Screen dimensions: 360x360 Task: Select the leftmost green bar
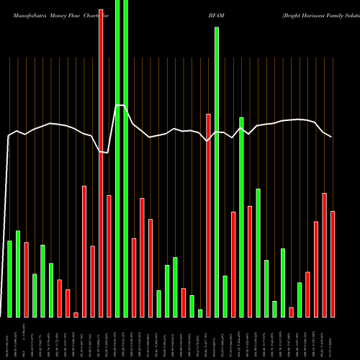(x=10, y=279)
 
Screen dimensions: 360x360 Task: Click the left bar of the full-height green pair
(x=117, y=158)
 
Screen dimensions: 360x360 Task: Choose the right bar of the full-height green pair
(x=126, y=158)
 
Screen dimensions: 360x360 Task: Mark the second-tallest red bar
(x=208, y=215)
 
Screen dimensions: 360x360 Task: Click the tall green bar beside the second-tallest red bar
(x=216, y=172)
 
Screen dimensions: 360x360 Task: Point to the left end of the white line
(x=8, y=136)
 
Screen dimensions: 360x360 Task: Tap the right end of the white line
(x=331, y=136)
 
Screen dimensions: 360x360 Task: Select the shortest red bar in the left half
(x=76, y=315)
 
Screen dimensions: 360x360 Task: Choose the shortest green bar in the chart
(x=200, y=313)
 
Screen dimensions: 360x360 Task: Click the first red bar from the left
(x=27, y=279)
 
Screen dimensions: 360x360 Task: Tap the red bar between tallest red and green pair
(x=109, y=256)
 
